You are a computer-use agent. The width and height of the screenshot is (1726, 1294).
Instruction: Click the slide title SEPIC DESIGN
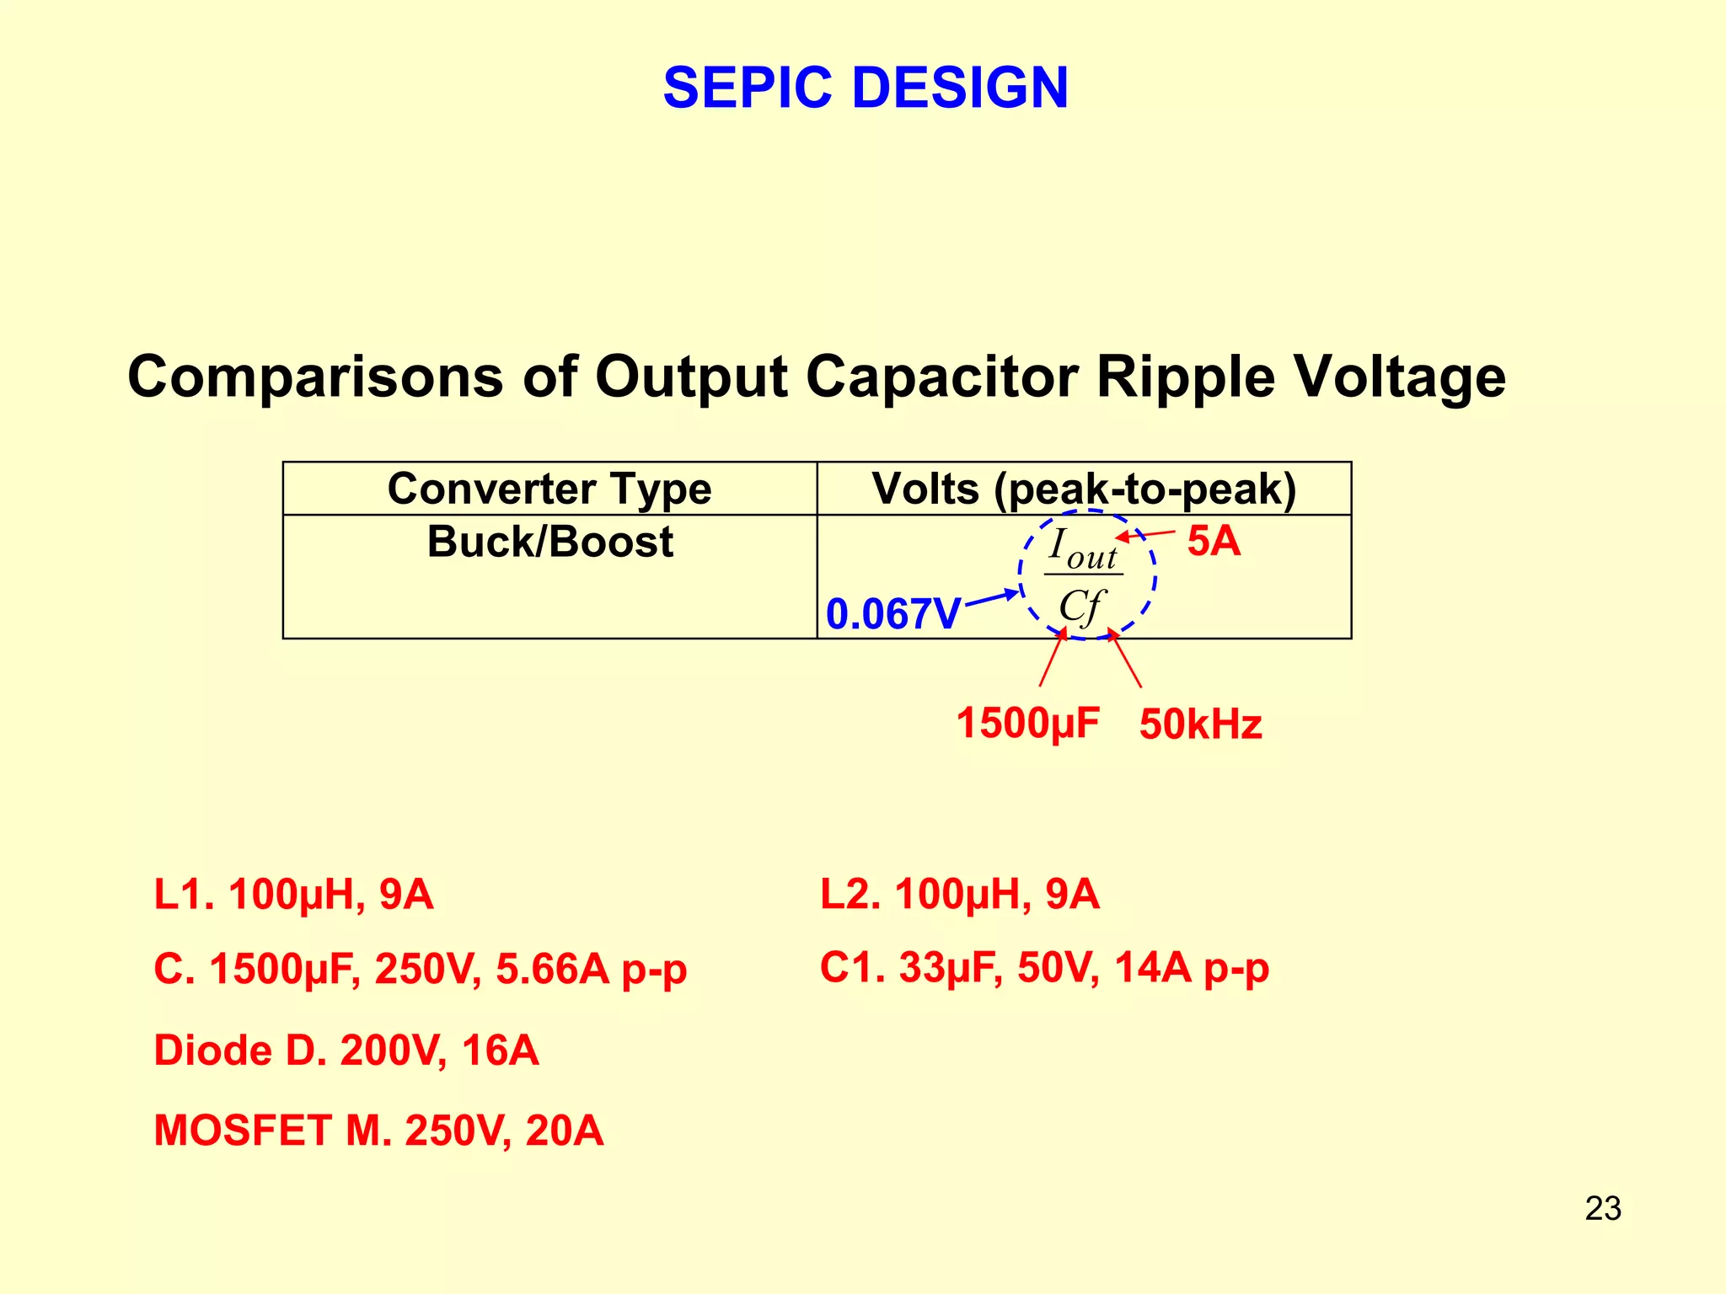pos(866,88)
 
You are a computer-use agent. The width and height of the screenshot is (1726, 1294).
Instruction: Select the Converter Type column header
pos(549,489)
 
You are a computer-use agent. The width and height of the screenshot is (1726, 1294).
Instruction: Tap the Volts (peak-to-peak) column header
pos(1084,489)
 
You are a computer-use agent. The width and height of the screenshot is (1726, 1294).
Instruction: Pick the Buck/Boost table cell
pos(549,542)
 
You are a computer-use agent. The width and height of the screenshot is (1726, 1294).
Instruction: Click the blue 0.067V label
pos(892,613)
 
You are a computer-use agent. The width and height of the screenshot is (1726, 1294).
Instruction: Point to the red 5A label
pos(1214,541)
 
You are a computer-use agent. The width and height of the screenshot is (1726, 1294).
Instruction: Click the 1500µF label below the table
pos(1027,723)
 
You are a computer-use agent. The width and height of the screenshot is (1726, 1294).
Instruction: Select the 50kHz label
pos(1200,725)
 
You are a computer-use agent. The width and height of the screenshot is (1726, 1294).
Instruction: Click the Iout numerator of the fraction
pos(1083,549)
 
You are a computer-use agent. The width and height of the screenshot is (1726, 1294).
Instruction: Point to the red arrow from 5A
pos(1145,534)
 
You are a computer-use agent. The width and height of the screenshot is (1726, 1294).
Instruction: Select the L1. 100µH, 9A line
pos(293,895)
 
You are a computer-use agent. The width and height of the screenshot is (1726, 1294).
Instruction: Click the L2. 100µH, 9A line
pos(959,895)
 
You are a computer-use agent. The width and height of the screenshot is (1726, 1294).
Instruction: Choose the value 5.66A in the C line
pos(552,969)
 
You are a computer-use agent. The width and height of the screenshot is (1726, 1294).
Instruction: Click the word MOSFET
pos(243,1131)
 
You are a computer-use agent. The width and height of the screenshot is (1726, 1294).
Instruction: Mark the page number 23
pos(1602,1208)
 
